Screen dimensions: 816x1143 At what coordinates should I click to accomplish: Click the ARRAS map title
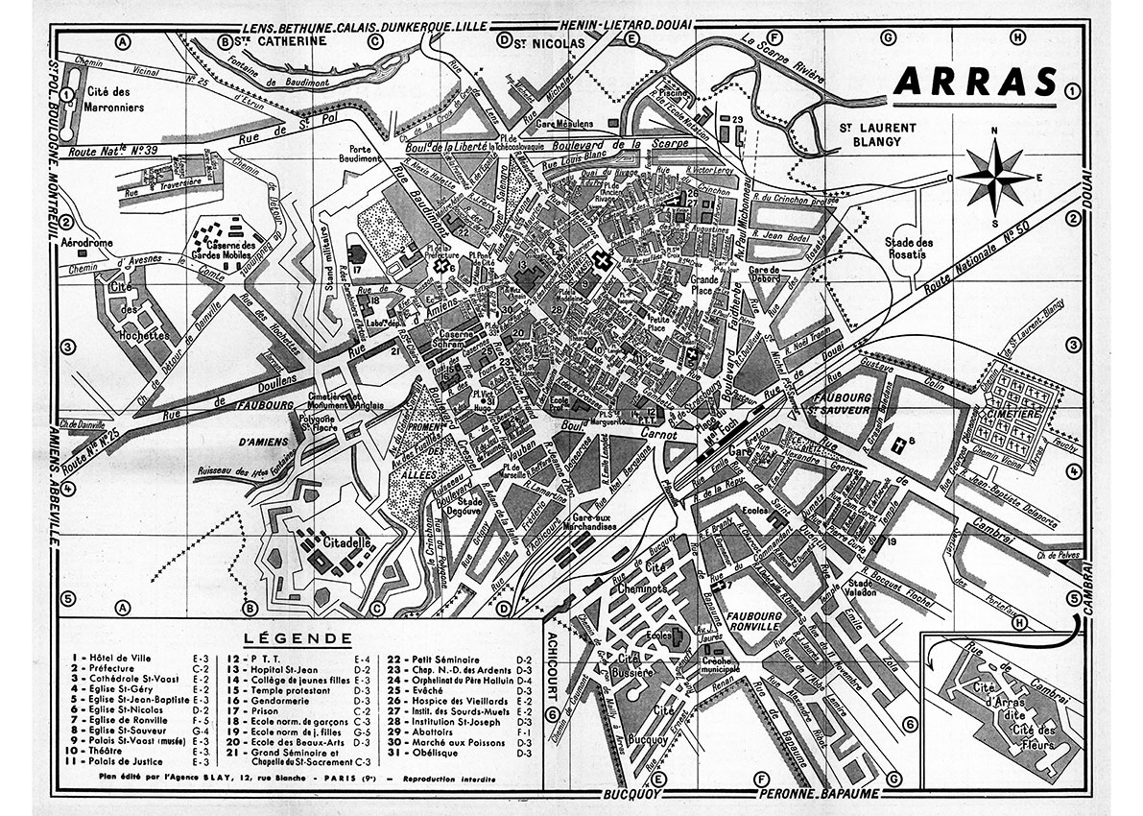(x=970, y=84)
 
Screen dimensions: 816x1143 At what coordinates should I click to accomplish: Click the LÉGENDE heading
(x=296, y=636)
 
